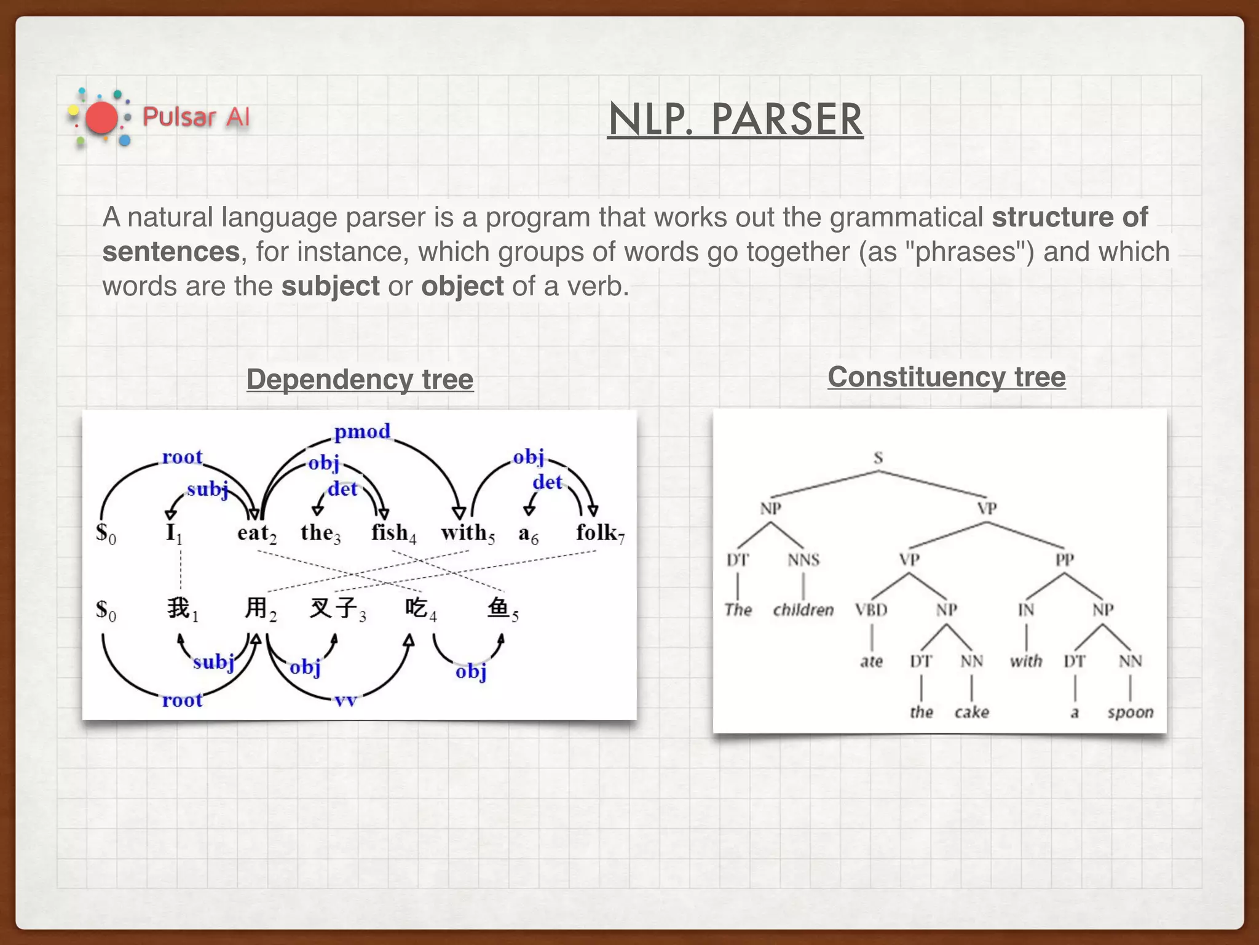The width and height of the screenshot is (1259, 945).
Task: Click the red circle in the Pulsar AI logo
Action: click(x=101, y=118)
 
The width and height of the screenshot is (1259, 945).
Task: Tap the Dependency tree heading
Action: click(x=360, y=379)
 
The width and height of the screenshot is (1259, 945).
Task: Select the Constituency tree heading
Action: click(x=946, y=377)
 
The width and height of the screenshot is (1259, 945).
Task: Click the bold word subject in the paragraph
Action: click(x=330, y=286)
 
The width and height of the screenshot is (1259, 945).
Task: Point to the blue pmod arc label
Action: click(x=362, y=431)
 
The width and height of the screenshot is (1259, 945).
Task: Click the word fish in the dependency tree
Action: click(x=390, y=532)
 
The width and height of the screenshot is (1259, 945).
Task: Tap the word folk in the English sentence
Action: click(x=596, y=532)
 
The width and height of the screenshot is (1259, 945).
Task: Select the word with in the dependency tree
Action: click(x=464, y=532)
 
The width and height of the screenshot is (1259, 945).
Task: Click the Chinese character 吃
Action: click(x=416, y=608)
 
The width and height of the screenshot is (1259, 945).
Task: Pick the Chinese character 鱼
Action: click(x=499, y=608)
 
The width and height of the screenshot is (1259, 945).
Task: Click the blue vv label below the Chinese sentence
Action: click(x=345, y=701)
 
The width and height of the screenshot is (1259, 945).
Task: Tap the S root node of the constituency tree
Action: click(x=878, y=458)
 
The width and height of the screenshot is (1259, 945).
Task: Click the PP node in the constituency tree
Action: click(x=1065, y=560)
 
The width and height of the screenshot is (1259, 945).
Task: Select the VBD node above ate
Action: click(x=871, y=610)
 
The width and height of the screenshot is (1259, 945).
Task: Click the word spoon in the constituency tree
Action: click(x=1130, y=712)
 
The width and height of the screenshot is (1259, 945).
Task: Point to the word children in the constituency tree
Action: click(x=803, y=610)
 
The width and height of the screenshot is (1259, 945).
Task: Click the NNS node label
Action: click(x=803, y=560)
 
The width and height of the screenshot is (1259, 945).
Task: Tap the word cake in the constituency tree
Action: click(x=971, y=712)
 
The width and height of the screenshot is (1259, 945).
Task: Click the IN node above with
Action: click(x=1025, y=610)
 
